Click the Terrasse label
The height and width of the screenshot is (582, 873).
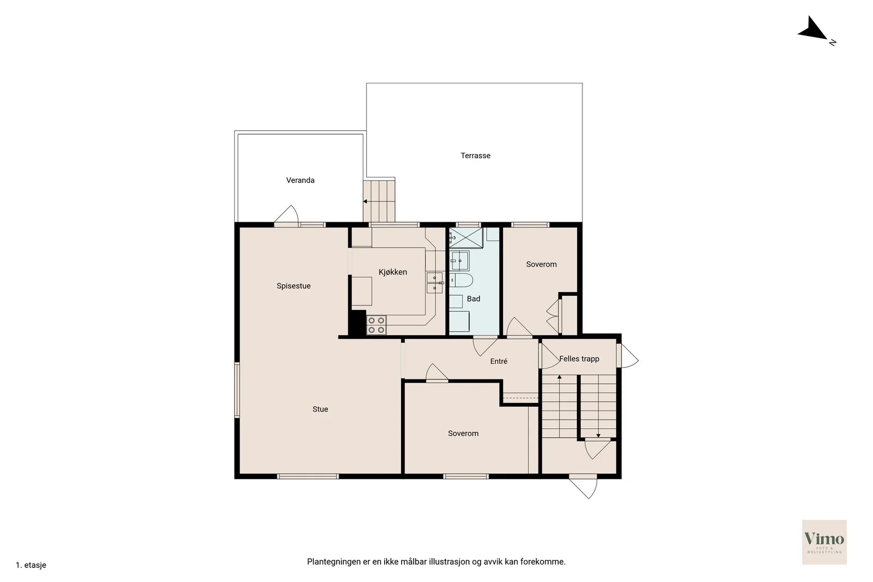[475, 156]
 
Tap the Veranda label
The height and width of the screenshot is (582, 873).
[300, 181]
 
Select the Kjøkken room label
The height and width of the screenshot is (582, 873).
[392, 272]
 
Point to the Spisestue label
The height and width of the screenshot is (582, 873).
[294, 286]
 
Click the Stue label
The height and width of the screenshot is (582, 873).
[320, 409]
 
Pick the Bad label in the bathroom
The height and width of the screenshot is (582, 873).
[473, 299]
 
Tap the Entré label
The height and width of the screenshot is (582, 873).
[499, 361]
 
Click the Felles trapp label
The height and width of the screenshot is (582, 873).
[579, 359]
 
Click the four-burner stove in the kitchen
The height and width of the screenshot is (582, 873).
[376, 325]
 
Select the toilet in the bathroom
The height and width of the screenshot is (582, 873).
[461, 280]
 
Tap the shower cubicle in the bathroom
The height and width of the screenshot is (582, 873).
[466, 238]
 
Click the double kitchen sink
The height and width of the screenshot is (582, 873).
[434, 283]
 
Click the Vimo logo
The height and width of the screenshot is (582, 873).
[824, 542]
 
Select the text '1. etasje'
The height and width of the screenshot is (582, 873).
[31, 565]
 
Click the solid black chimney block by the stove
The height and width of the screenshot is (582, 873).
[357, 322]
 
